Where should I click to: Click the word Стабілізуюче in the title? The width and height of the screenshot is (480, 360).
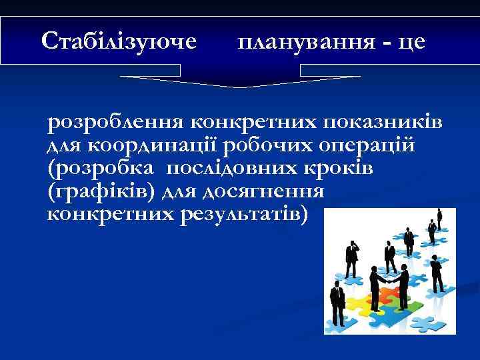coord(119,41)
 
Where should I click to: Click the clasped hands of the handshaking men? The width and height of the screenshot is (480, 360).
coord(389,283)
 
